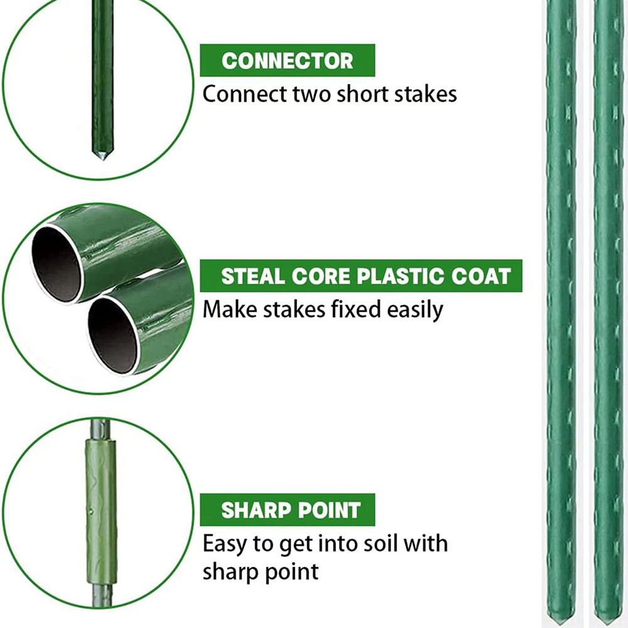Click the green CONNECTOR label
pyautogui.click(x=287, y=61)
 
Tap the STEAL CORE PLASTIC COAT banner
pyautogui.click(x=360, y=276)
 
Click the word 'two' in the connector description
pyautogui.click(x=312, y=94)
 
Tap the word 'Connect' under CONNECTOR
pyautogui.click(x=244, y=94)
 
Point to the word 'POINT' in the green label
pyautogui.click(x=332, y=510)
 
